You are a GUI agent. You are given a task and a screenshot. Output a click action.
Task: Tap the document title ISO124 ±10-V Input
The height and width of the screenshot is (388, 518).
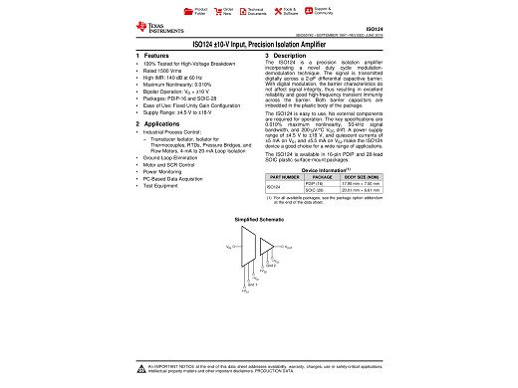tap(259, 46)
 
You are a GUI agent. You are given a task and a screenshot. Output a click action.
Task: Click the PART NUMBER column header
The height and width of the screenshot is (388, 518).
tap(284, 177)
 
